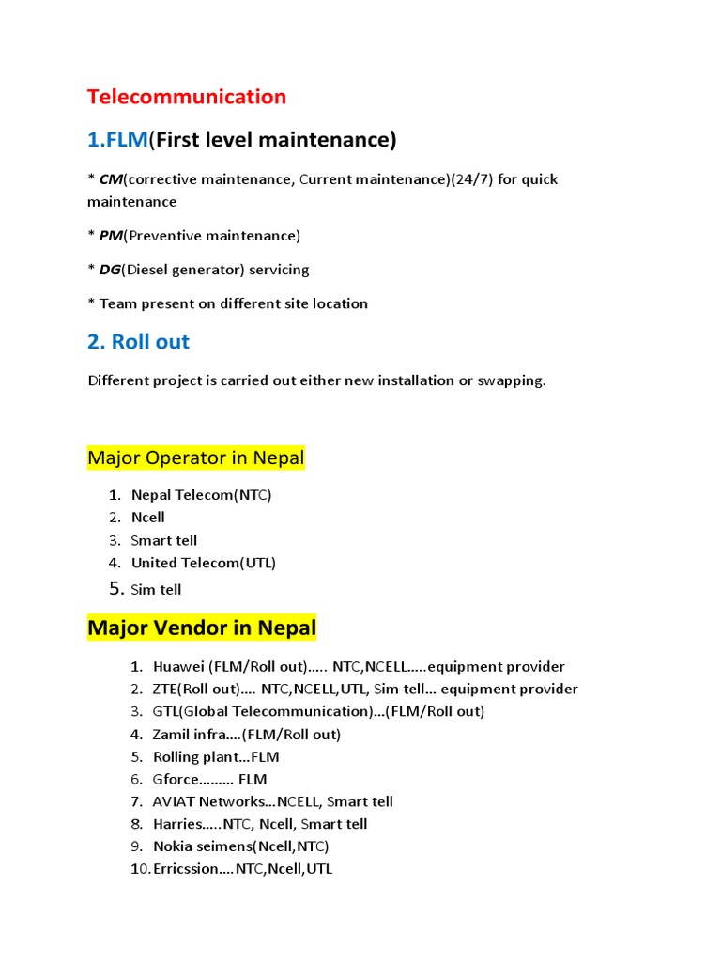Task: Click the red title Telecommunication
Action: (187, 97)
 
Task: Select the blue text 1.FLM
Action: (117, 140)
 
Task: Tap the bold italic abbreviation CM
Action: (111, 179)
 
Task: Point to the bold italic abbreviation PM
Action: (111, 236)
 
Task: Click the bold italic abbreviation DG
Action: (111, 270)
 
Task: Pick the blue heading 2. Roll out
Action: (138, 342)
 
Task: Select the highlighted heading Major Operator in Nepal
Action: (196, 458)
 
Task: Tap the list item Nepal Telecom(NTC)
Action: (201, 495)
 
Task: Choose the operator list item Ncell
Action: (148, 518)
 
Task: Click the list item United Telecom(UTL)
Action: (204, 564)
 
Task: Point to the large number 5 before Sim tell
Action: (115, 589)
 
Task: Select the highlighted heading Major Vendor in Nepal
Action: (202, 628)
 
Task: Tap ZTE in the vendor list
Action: (165, 690)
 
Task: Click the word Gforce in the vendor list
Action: (176, 780)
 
